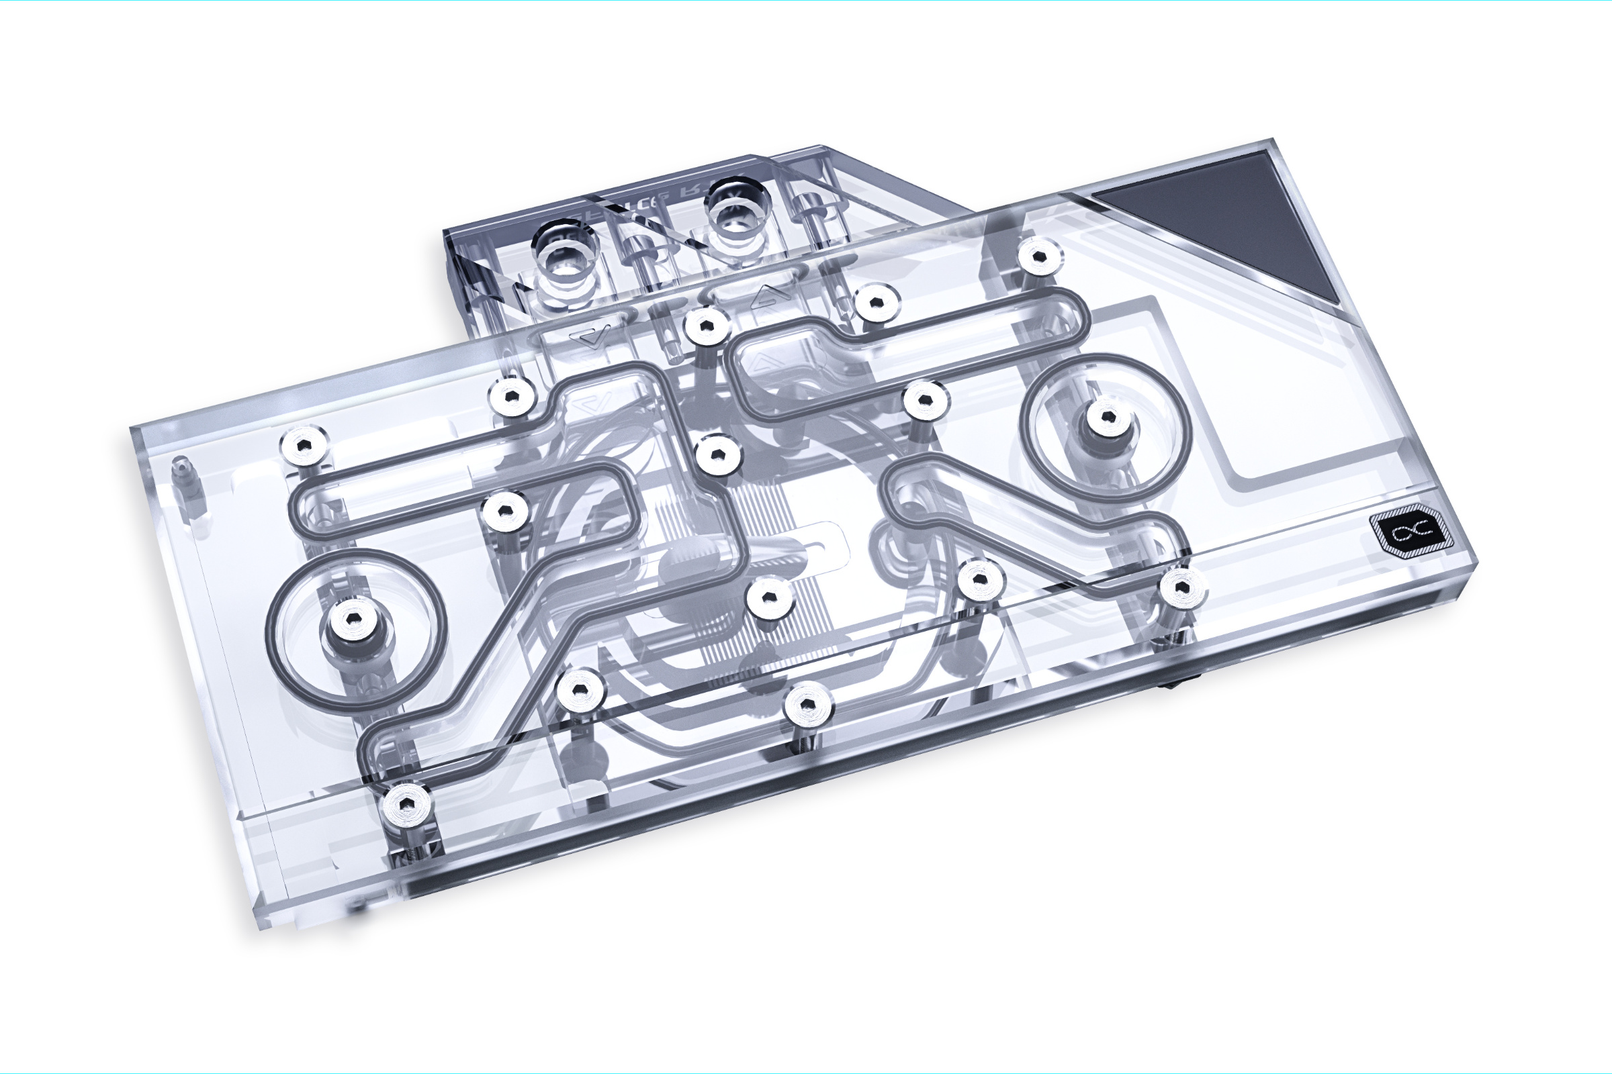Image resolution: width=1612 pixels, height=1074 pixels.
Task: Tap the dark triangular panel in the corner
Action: (1227, 219)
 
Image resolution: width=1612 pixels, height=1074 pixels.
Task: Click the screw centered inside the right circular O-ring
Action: (1106, 416)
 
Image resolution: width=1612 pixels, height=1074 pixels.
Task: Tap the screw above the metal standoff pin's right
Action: (303, 445)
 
